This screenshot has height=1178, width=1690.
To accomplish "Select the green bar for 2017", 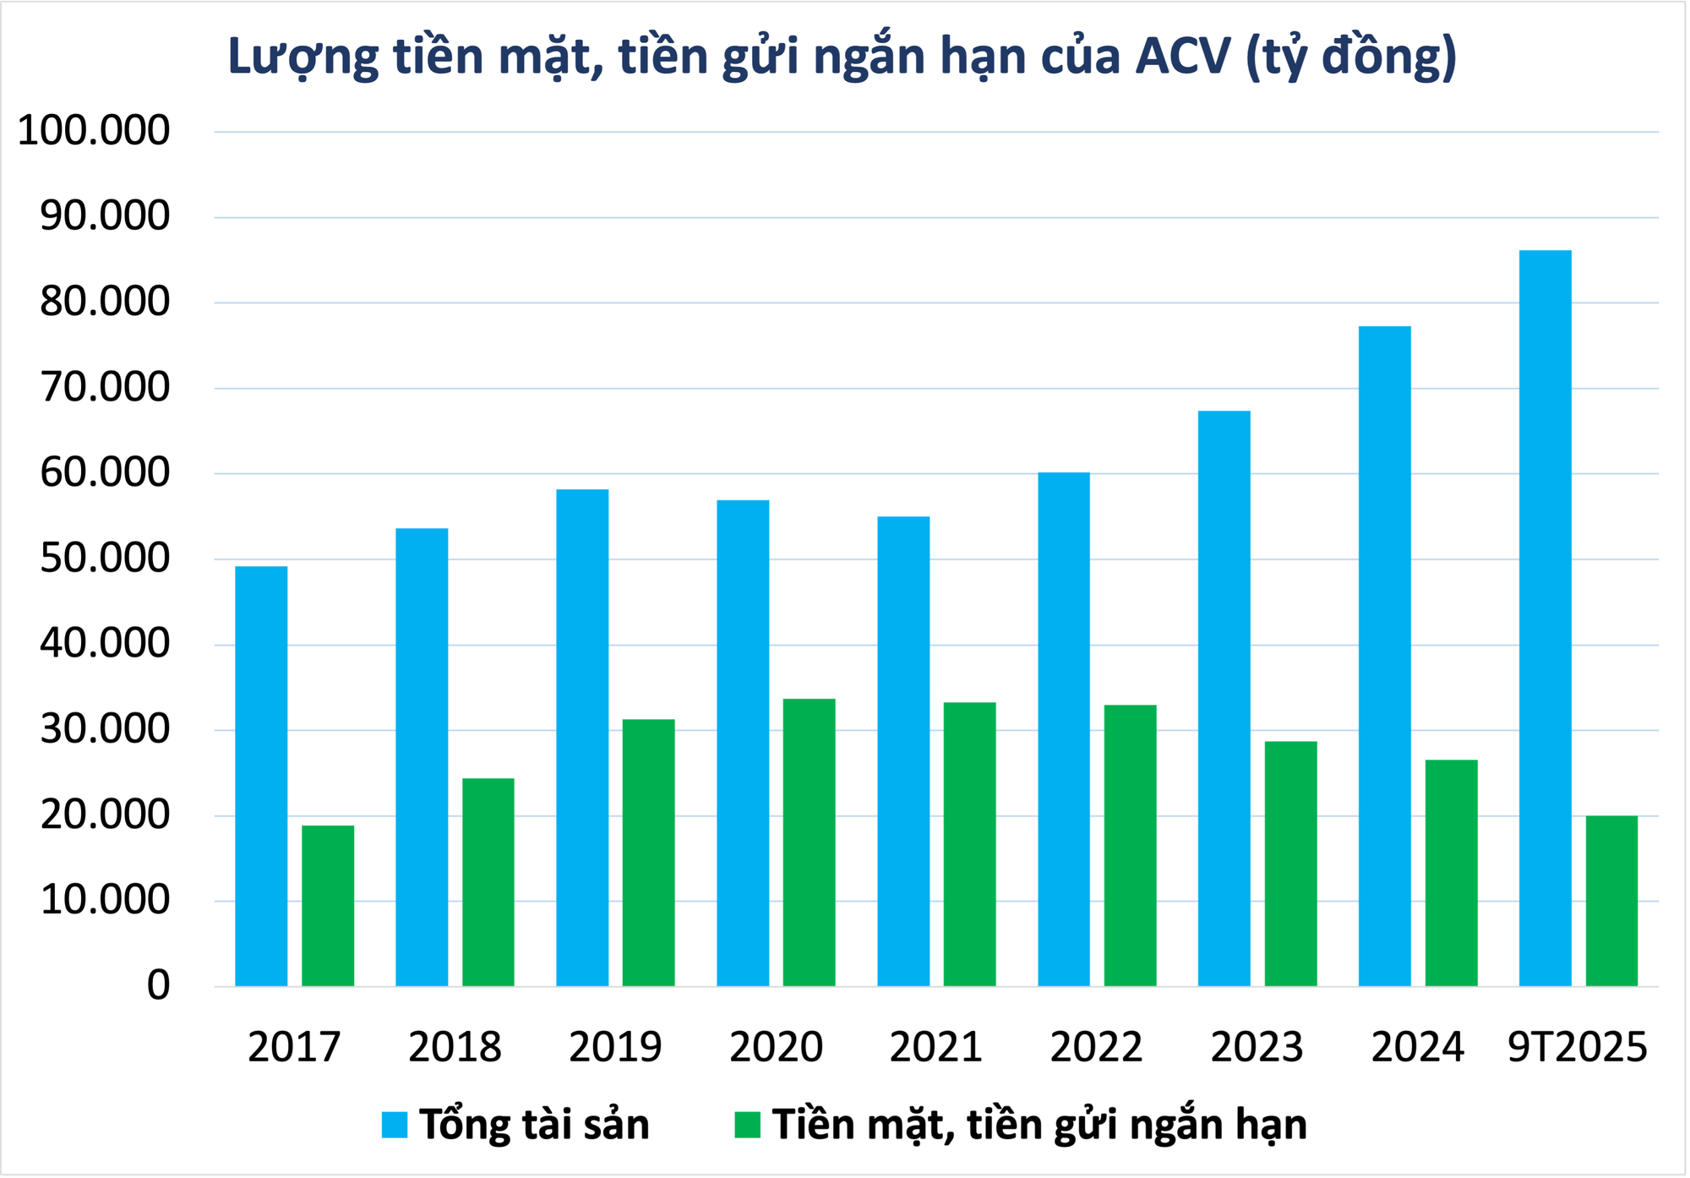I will coord(328,905).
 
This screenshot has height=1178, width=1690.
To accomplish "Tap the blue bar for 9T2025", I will coord(1545,618).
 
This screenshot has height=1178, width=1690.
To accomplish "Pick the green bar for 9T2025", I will coord(1611,901).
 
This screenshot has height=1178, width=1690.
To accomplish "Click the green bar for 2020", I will coord(809,842).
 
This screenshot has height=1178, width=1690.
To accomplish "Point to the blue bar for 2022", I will coord(1064,728).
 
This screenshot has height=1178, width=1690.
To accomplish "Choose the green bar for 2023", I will coord(1290,863).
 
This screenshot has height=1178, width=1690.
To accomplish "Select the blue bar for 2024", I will coord(1384,656).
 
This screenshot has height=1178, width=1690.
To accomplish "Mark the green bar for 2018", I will coord(488,881).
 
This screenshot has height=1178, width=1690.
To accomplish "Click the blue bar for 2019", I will coord(582,737).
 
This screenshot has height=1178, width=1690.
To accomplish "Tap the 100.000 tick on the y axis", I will coord(94,131).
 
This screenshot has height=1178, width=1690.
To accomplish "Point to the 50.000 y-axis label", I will coord(105,559).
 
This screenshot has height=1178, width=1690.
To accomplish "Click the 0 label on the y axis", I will coord(158,985).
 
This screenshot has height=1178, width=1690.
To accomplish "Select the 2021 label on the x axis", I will coord(935,1047).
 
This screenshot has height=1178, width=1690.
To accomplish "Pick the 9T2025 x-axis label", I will coord(1577,1047).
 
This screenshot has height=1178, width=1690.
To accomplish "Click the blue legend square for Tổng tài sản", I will coord(394,1125).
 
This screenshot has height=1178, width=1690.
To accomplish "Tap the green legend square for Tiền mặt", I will coord(747,1125).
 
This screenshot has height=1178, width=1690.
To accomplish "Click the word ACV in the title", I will coord(1182,57).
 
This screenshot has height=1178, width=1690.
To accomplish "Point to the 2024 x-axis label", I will coord(1417,1047).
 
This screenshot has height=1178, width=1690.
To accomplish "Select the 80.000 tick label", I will coord(105,303).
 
